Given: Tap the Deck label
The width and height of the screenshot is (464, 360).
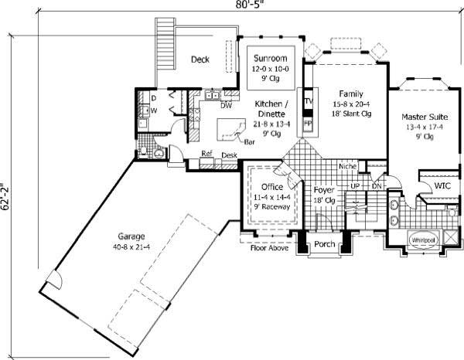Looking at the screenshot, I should point(200,59).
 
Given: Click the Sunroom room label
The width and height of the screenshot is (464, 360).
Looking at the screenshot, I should point(270,59).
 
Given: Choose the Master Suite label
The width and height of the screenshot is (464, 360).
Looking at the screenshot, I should point(424,117).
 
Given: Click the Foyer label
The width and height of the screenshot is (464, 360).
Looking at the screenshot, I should point(323,188).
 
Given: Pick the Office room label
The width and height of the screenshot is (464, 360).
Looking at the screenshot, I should point(271,188).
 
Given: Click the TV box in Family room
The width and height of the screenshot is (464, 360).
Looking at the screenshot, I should point(308,102).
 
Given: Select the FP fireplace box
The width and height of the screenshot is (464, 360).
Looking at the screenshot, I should point(307,124).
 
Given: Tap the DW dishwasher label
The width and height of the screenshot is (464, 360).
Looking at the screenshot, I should point(227,106).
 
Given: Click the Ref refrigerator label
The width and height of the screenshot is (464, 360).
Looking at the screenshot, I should point(206,153).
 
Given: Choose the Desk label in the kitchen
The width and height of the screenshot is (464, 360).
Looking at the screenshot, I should point(229,155).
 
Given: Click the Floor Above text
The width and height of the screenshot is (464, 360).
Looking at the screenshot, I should point(269,248).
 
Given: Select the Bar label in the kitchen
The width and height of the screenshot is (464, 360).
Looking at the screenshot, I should point(250,142).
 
